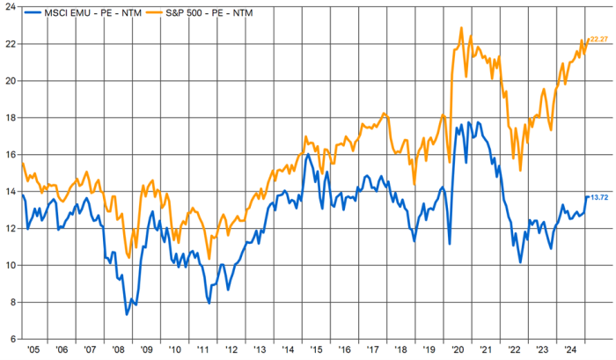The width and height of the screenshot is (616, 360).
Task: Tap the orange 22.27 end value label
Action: click(598, 40)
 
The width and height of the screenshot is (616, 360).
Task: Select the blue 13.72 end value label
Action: click(599, 197)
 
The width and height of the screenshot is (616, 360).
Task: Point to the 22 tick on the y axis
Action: click(9, 44)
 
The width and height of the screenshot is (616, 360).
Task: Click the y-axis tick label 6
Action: click(11, 339)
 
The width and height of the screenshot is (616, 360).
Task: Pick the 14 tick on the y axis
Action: click(9, 191)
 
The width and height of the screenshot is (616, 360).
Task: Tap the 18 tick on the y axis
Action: click(9, 117)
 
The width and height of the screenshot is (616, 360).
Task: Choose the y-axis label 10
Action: click(9, 265)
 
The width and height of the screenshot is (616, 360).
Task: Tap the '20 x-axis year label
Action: click(458, 349)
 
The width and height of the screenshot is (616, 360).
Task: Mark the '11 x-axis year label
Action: click(202, 349)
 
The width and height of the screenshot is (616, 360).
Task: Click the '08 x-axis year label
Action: click(118, 349)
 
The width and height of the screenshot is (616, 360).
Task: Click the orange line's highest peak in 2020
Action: click(462, 27)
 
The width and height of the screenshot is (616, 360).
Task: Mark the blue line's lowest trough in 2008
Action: click(127, 314)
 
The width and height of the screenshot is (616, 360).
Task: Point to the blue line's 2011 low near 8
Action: click(209, 304)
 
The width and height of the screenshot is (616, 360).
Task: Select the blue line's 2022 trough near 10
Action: click(521, 262)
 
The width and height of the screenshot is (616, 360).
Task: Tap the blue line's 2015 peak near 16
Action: click(309, 154)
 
